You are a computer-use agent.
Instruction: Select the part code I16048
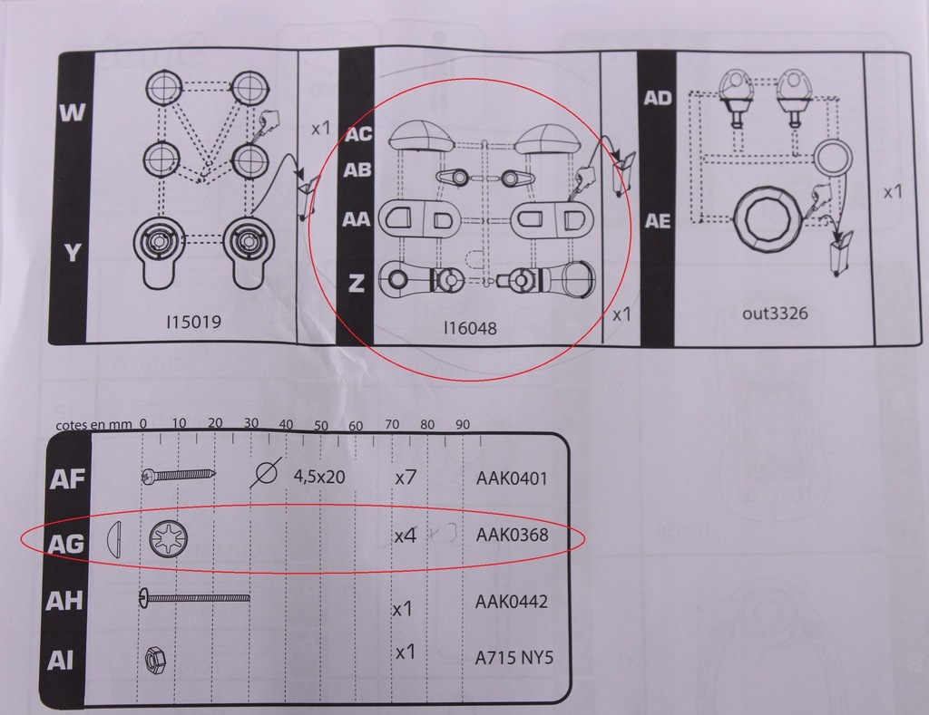tap(471, 329)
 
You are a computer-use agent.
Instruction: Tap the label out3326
tap(775, 314)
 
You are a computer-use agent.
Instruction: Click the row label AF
tap(67, 479)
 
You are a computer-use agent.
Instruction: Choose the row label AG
tap(67, 543)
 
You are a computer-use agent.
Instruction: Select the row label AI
tap(62, 662)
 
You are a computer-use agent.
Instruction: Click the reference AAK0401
tap(512, 478)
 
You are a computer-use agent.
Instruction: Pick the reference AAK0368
tap(512, 536)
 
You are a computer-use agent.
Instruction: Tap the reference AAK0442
tap(512, 602)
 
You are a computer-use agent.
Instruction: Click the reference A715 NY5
tap(513, 658)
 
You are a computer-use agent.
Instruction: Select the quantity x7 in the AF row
tap(405, 477)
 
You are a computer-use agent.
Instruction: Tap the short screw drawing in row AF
tap(178, 475)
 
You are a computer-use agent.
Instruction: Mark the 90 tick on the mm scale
tap(462, 425)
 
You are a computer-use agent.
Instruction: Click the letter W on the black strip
tap(71, 113)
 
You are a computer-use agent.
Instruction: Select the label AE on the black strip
tap(657, 221)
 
